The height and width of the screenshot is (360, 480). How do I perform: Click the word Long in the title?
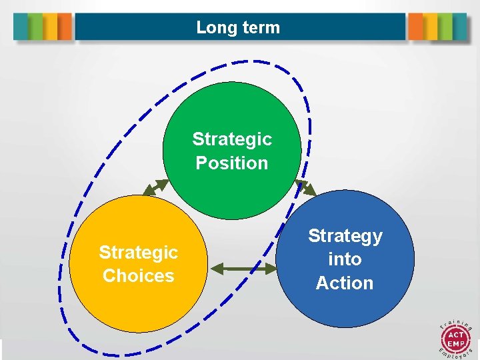coord(213,28)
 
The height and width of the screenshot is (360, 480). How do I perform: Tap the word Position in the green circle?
coord(232,163)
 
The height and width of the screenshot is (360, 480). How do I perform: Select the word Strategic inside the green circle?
coord(232,139)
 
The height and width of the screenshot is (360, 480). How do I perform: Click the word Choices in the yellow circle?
coord(138,276)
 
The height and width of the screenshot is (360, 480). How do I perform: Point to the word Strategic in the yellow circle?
coord(138,253)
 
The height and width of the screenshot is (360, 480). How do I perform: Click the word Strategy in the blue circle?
coord(345,236)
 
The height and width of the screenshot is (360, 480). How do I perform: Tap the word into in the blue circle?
coord(345,259)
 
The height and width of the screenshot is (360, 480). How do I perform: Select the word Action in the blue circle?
coord(345,283)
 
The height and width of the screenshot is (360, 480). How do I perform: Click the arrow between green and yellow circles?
coord(156,187)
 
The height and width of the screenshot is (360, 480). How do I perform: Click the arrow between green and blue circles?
coord(306,187)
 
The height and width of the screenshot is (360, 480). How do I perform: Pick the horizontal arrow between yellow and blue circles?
coord(243,269)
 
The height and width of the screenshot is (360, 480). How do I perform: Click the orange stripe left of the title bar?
coord(65,27)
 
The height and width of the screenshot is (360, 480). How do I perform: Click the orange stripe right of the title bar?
coord(415,27)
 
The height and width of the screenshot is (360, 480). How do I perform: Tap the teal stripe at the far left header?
coord(21,27)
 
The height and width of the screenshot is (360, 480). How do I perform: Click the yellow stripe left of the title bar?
coord(51,27)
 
